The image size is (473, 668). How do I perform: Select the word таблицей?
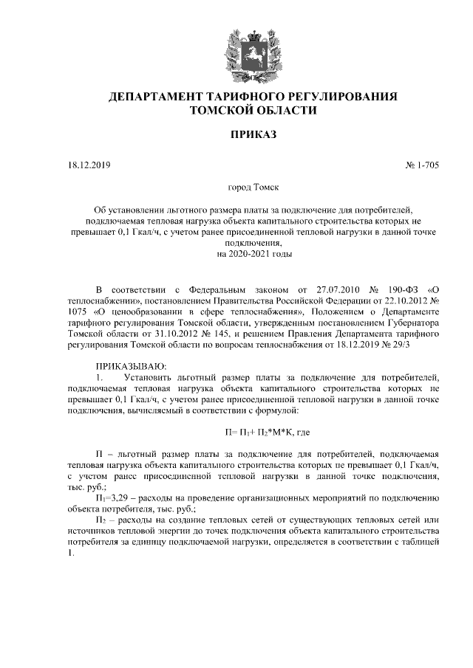[421, 543]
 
